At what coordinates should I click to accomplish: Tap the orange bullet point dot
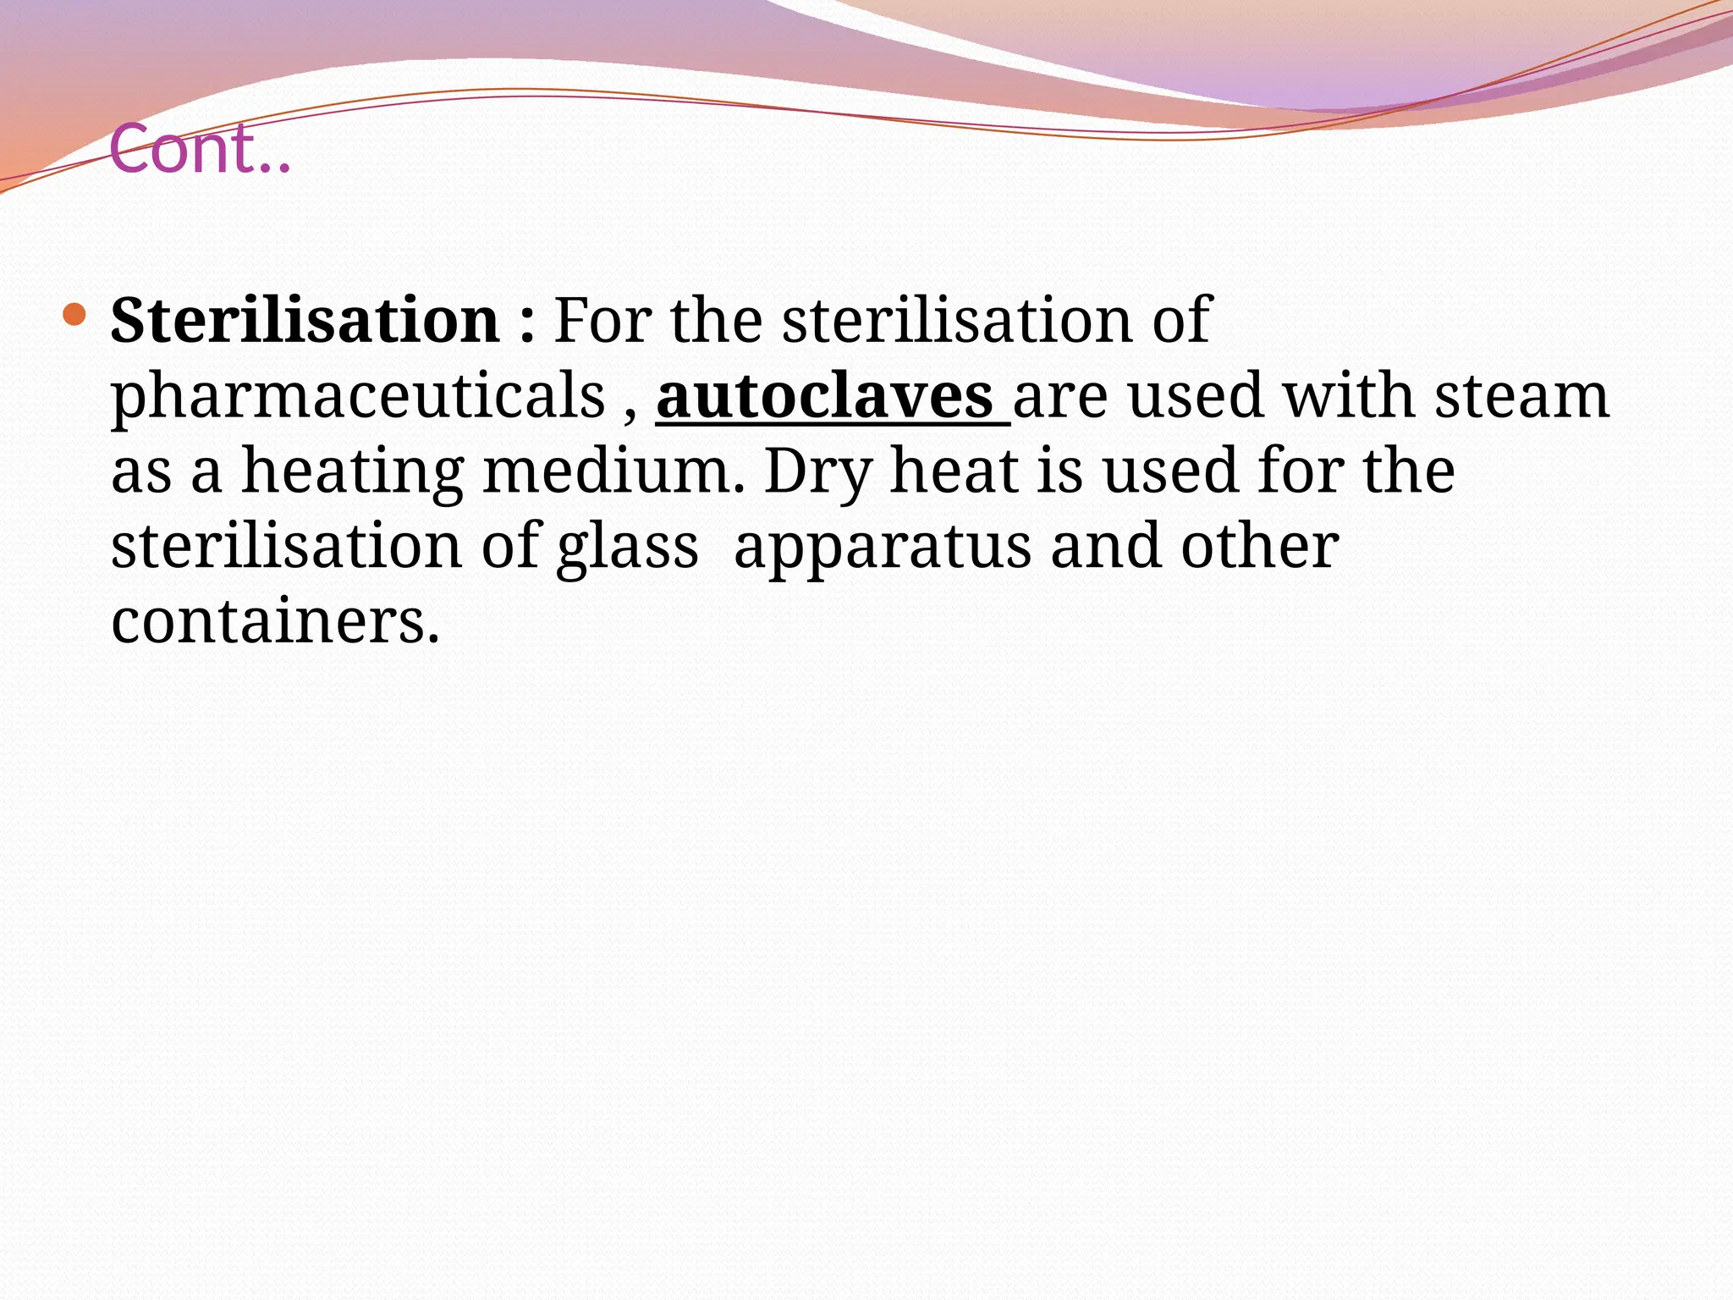74,315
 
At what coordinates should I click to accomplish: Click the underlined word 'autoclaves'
824,396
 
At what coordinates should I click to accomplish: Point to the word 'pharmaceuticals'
358,396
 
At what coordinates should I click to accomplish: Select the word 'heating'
353,471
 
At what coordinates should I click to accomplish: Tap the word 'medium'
613,471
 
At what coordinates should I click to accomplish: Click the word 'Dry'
817,471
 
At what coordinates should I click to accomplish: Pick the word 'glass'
628,546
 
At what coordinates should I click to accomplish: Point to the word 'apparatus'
883,546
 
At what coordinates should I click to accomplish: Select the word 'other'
1260,546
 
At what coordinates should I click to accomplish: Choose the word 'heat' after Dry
954,471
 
